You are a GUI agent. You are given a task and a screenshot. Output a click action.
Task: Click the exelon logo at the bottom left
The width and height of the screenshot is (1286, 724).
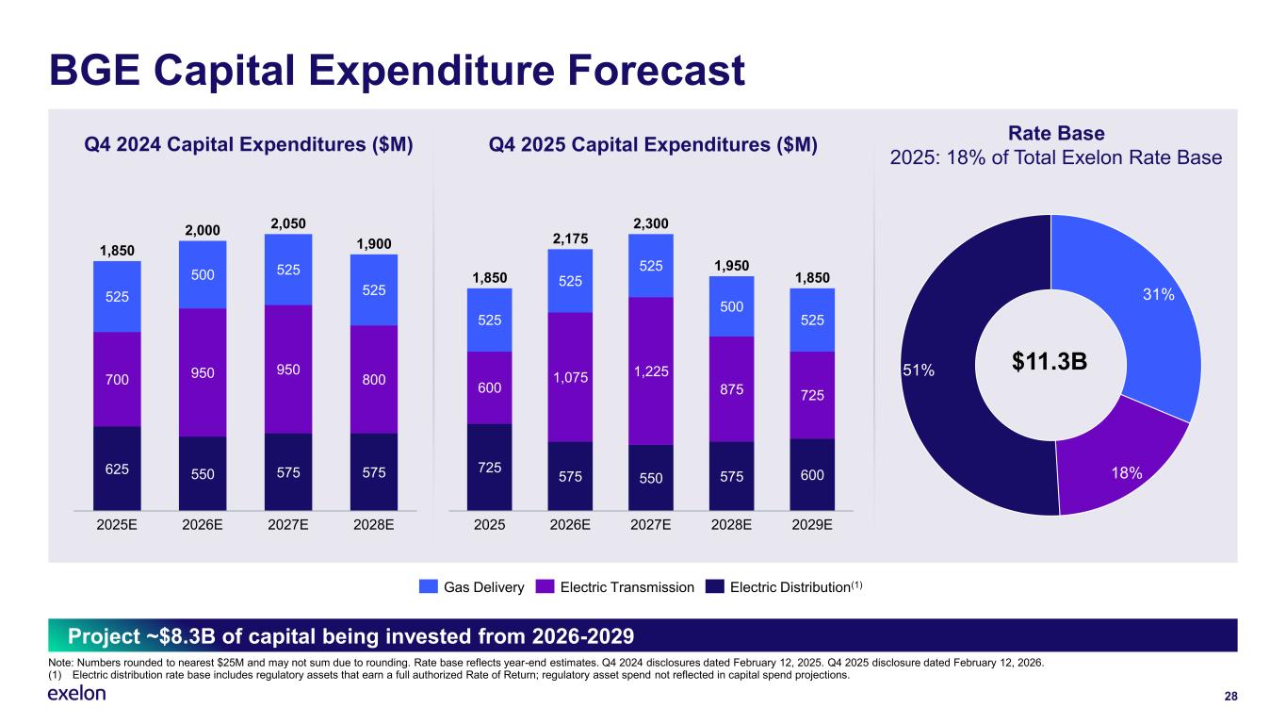(76, 694)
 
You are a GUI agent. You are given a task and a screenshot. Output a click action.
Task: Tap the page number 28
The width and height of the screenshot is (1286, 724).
(1229, 696)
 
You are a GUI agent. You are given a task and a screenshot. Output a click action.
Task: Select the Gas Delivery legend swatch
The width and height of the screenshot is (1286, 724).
(429, 587)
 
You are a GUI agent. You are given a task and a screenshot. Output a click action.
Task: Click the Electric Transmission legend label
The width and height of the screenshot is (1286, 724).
(627, 587)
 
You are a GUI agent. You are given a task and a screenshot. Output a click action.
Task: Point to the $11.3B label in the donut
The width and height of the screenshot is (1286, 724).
(1050, 363)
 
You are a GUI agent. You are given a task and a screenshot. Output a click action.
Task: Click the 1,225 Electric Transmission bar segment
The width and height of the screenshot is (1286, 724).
(652, 370)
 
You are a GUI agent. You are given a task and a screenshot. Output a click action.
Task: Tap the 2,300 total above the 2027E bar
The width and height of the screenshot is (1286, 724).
(651, 223)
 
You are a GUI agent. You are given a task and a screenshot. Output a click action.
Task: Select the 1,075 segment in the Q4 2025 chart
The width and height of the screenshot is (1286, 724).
(570, 377)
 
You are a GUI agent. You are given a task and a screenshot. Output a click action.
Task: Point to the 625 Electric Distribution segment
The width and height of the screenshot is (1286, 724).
(117, 468)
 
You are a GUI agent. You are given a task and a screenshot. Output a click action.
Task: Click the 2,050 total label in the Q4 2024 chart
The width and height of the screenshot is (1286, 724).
(288, 223)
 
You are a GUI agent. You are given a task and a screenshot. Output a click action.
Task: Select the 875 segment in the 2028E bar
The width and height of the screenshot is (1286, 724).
(731, 388)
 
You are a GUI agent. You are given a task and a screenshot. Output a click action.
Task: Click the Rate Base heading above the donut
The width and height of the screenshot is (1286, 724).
(1056, 134)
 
